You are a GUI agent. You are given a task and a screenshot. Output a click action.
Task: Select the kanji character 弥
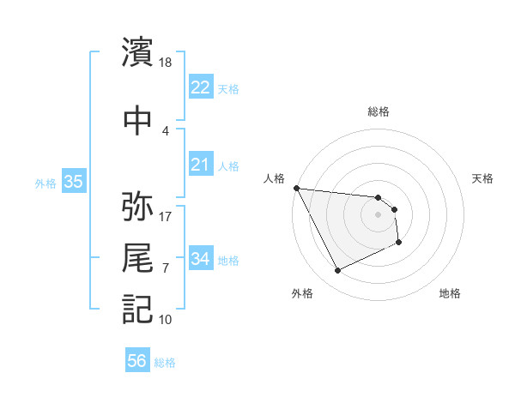138,207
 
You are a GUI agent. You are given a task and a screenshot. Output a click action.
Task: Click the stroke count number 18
166,62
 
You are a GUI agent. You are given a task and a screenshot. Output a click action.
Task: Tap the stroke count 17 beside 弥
166,216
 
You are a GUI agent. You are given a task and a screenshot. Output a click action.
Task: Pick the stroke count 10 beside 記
166,319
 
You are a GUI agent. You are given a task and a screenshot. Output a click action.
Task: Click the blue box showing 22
200,87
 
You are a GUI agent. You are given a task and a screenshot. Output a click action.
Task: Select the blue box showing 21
200,164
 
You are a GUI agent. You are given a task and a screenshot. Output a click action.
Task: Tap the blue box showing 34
200,258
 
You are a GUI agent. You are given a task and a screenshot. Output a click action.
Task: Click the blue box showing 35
74,181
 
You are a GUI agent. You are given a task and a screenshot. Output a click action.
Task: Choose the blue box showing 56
137,361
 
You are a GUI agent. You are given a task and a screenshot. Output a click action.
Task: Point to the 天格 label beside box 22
228,88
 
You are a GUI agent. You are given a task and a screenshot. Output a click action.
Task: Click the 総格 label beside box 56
165,363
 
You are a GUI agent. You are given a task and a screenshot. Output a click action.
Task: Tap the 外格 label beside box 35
45,183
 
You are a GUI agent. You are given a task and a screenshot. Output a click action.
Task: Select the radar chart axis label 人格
275,178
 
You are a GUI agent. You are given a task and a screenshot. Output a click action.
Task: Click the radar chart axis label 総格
379,111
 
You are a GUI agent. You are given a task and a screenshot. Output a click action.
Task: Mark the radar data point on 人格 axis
296,188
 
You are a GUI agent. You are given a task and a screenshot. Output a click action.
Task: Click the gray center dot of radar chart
378,214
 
